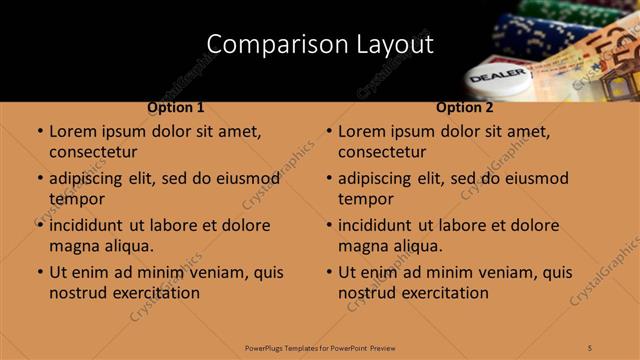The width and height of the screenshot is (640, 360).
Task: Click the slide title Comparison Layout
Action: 320,45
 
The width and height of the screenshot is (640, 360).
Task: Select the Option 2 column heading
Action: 465,107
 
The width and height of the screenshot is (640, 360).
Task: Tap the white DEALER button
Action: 497,78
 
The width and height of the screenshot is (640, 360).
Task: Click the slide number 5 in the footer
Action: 590,347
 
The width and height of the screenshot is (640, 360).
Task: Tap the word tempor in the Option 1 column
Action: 77,199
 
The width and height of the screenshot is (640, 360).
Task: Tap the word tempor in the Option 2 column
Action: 366,199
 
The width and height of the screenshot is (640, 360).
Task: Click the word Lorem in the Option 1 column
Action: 73,131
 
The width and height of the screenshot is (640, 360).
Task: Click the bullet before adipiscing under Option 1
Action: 39,179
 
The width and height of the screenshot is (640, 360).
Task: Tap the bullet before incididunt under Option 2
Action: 328,226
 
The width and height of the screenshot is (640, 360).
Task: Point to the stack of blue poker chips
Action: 520,35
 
